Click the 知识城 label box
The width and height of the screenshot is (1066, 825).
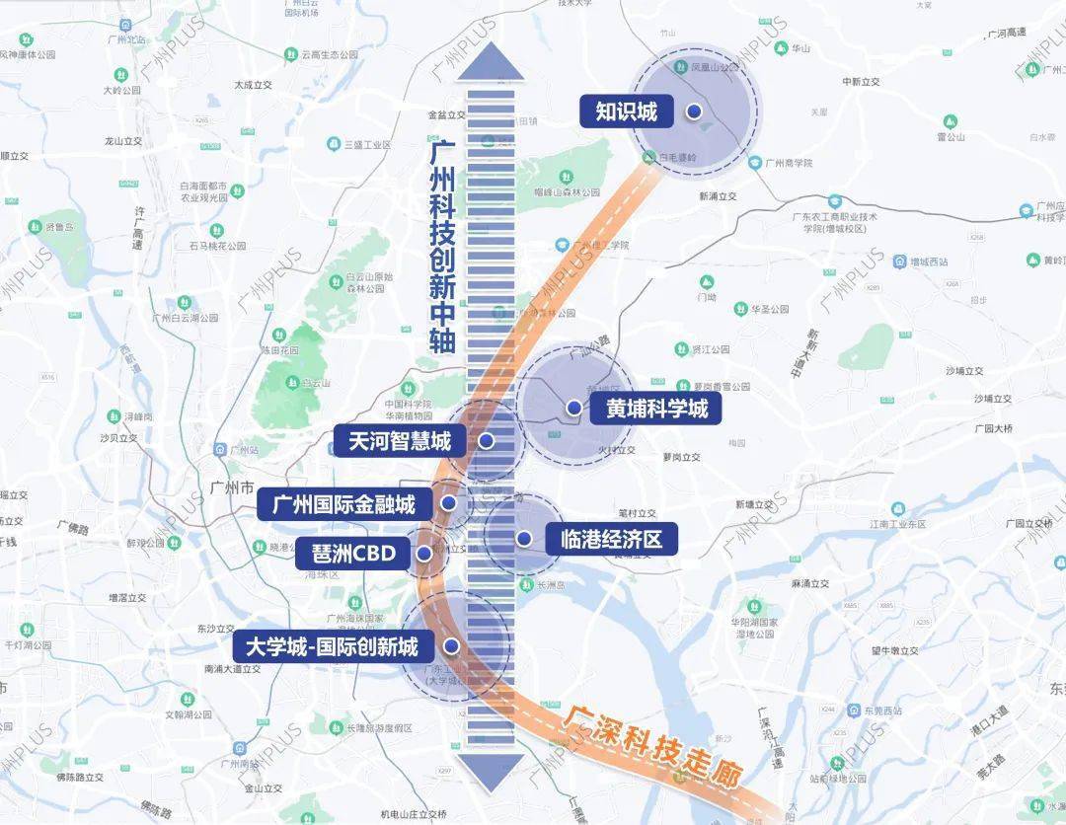pyautogui.click(x=626, y=112)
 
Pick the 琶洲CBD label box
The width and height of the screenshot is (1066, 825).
pyautogui.click(x=352, y=554)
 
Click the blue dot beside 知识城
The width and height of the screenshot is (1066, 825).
pyautogui.click(x=695, y=112)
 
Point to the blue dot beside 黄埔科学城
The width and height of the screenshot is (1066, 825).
pyautogui.click(x=573, y=408)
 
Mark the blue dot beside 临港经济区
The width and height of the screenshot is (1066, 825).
pyautogui.click(x=524, y=539)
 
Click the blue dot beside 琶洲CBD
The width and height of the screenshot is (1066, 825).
pyautogui.click(x=424, y=554)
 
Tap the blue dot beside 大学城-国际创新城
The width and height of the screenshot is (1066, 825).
pyautogui.click(x=452, y=646)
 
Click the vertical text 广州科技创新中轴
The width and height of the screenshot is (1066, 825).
pyautogui.click(x=442, y=247)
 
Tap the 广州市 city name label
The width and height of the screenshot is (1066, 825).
pyautogui.click(x=233, y=487)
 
